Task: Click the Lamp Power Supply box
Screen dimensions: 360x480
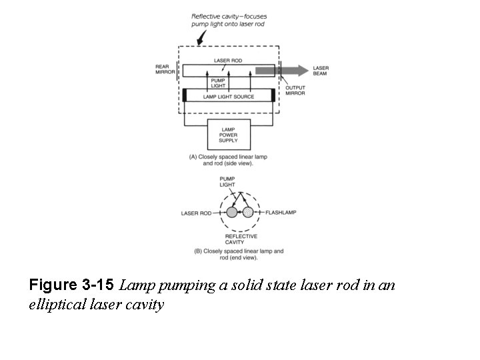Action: point(229,135)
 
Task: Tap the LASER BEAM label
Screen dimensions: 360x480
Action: point(321,70)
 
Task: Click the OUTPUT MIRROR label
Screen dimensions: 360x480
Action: point(295,91)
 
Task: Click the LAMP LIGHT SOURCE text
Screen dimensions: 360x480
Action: point(229,97)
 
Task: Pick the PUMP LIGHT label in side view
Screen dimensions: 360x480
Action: point(219,83)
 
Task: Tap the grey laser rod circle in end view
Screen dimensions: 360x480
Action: point(232,213)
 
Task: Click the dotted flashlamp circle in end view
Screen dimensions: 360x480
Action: point(248,213)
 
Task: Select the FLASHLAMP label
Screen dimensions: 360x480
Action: point(281,213)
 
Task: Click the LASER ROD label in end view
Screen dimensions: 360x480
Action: point(196,213)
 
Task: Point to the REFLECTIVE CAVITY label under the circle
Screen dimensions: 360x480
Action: point(241,239)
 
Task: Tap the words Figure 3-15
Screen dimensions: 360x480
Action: point(72,286)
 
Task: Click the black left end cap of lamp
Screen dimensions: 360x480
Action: point(185,95)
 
